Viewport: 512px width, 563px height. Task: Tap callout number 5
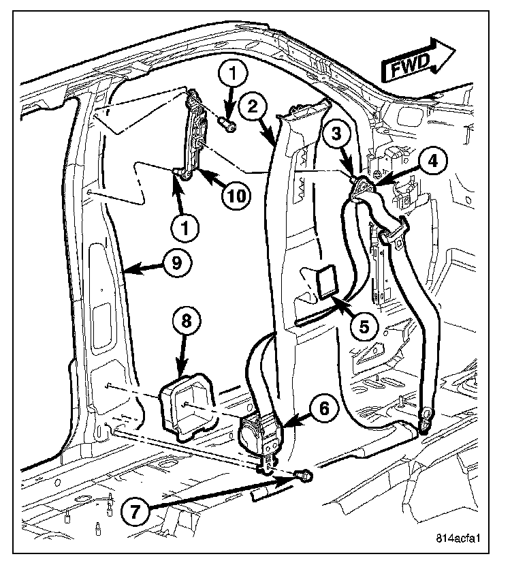[x=365, y=327]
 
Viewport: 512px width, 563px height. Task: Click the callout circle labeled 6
[x=323, y=408]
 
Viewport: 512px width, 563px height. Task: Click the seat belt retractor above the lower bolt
[x=259, y=433]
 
